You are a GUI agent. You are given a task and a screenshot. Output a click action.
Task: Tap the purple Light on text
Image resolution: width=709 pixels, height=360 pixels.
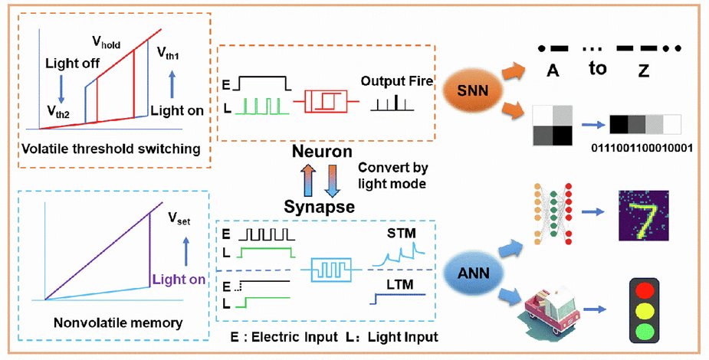tap(178, 280)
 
